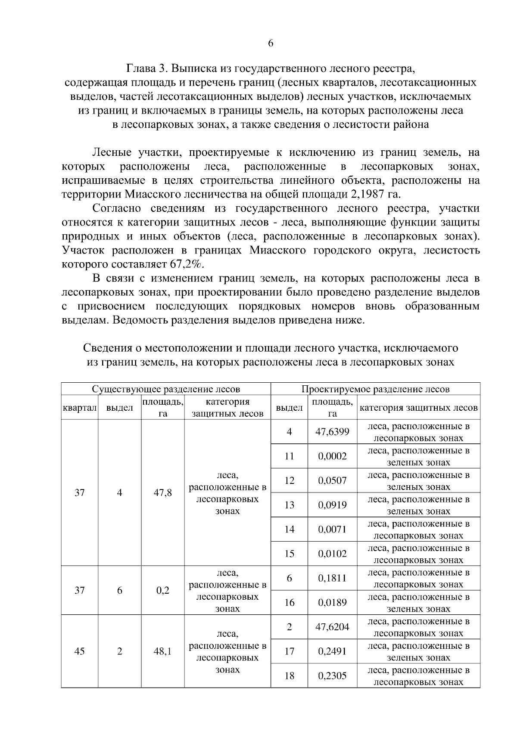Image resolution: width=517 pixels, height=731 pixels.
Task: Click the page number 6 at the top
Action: pyautogui.click(x=270, y=43)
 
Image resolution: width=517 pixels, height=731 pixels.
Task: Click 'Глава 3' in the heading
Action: pyautogui.click(x=145, y=68)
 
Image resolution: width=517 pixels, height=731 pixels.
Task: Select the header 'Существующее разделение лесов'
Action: pyautogui.click(x=166, y=389)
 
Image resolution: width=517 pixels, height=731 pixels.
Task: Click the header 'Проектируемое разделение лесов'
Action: pyautogui.click(x=375, y=389)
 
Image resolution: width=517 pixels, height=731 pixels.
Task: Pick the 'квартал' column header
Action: pyautogui.click(x=79, y=408)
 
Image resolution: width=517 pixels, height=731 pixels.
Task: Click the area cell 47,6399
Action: pyautogui.click(x=332, y=432)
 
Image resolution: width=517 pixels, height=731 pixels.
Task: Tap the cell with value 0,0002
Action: pyautogui.click(x=332, y=456)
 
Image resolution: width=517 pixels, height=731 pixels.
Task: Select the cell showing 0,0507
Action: pyautogui.click(x=332, y=480)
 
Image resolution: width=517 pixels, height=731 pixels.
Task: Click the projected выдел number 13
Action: pyautogui.click(x=289, y=505)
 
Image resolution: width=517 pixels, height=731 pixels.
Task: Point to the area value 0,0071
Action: pyautogui.click(x=332, y=530)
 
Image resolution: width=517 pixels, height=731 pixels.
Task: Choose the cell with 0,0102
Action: pyautogui.click(x=332, y=554)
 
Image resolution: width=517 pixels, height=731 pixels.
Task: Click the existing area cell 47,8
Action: pyautogui.click(x=162, y=493)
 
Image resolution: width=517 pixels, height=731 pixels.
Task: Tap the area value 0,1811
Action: pyautogui.click(x=332, y=578)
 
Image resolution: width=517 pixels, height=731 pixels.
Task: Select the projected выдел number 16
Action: pyautogui.click(x=289, y=603)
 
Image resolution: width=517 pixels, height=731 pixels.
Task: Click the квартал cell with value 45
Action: pyautogui.click(x=79, y=651)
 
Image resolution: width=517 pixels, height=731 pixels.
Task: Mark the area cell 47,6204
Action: pyautogui.click(x=332, y=627)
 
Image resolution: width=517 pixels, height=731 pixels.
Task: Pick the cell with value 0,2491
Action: pyautogui.click(x=332, y=651)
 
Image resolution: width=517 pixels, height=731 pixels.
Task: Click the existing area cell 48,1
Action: pyautogui.click(x=162, y=651)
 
